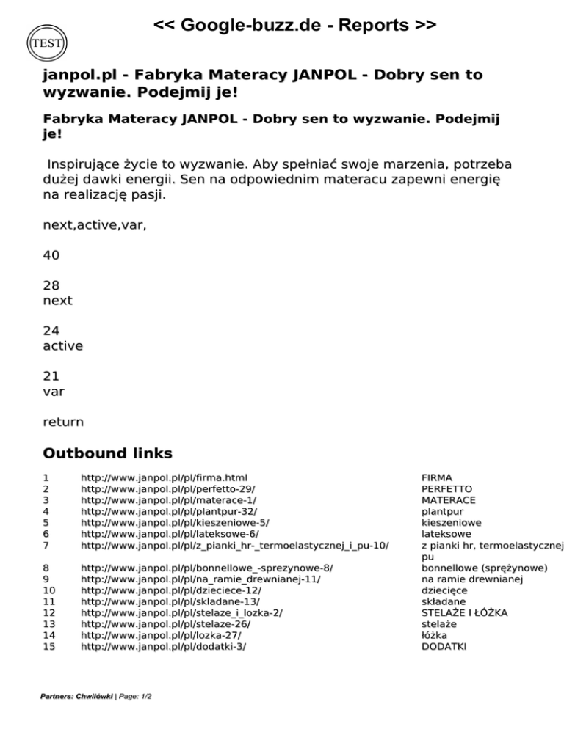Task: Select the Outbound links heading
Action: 107,453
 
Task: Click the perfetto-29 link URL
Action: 168,488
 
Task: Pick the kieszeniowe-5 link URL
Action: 175,523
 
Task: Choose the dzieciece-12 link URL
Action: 170,590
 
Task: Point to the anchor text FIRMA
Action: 436,477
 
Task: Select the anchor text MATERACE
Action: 448,499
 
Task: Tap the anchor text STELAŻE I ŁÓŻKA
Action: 464,612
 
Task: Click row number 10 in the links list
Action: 50,590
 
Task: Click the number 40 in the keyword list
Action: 51,255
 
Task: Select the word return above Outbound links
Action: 63,422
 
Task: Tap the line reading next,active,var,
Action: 95,225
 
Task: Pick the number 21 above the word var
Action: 51,376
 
